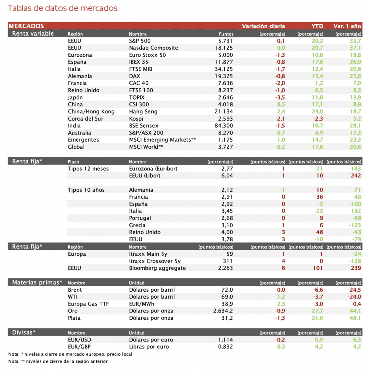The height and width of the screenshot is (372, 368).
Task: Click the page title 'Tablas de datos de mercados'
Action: click(62, 8)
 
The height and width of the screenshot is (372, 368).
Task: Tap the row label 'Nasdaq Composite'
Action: click(153, 48)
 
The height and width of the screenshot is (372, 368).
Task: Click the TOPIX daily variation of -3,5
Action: click(280, 97)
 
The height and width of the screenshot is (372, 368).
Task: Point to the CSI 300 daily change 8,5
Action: click(280, 104)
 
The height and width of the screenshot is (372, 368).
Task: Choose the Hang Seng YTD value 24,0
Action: click(317, 112)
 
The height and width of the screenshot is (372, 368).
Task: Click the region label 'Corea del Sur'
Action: click(85, 119)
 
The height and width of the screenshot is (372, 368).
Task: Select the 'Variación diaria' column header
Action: click(263, 26)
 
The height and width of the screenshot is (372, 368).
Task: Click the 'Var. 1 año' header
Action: click(347, 26)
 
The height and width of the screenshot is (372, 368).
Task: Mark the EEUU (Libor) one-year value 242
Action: click(356, 175)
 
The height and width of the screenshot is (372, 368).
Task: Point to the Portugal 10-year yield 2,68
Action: click(227, 218)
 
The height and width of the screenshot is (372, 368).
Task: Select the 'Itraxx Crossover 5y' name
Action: click(155, 261)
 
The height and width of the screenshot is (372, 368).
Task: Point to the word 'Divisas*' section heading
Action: click(24, 332)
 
